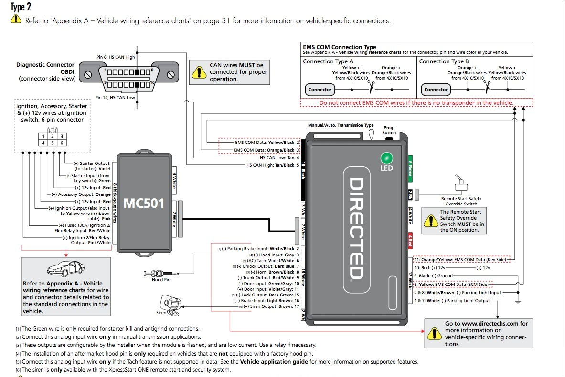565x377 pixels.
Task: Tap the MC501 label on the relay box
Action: click(144, 204)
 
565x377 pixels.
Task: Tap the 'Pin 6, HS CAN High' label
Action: click(115, 57)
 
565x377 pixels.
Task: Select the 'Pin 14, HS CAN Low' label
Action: click(115, 98)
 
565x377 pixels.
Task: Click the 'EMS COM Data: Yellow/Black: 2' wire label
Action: click(267, 142)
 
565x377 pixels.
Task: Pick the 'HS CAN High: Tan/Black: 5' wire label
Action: click(273, 165)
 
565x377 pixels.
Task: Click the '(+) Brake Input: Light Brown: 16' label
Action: click(267, 301)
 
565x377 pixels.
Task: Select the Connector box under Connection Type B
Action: click(436, 90)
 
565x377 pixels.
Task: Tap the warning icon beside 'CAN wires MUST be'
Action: click(197, 71)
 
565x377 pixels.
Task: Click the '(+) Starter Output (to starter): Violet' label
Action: click(92, 166)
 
